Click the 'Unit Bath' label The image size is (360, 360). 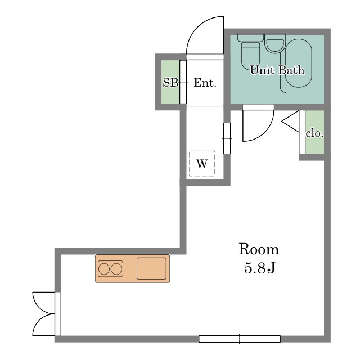click(277, 70)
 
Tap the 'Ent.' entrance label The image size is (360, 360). click(205, 83)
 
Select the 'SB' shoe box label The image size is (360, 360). click(170, 83)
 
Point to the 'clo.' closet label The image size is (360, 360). click(314, 133)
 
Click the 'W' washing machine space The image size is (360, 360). click(202, 164)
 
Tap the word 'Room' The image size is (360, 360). click(259, 249)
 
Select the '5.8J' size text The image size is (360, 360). click(259, 268)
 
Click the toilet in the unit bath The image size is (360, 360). click(250, 51)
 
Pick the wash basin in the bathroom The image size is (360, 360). click(275, 44)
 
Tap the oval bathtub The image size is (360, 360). click(299, 63)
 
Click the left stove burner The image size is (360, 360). click(104, 269)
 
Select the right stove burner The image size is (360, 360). click(116, 269)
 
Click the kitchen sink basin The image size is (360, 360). click(151, 268)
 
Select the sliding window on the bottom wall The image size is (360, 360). click(240, 339)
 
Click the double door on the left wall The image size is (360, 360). click(44, 314)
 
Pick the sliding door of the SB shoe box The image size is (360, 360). click(183, 82)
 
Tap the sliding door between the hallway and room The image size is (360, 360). click(227, 138)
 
